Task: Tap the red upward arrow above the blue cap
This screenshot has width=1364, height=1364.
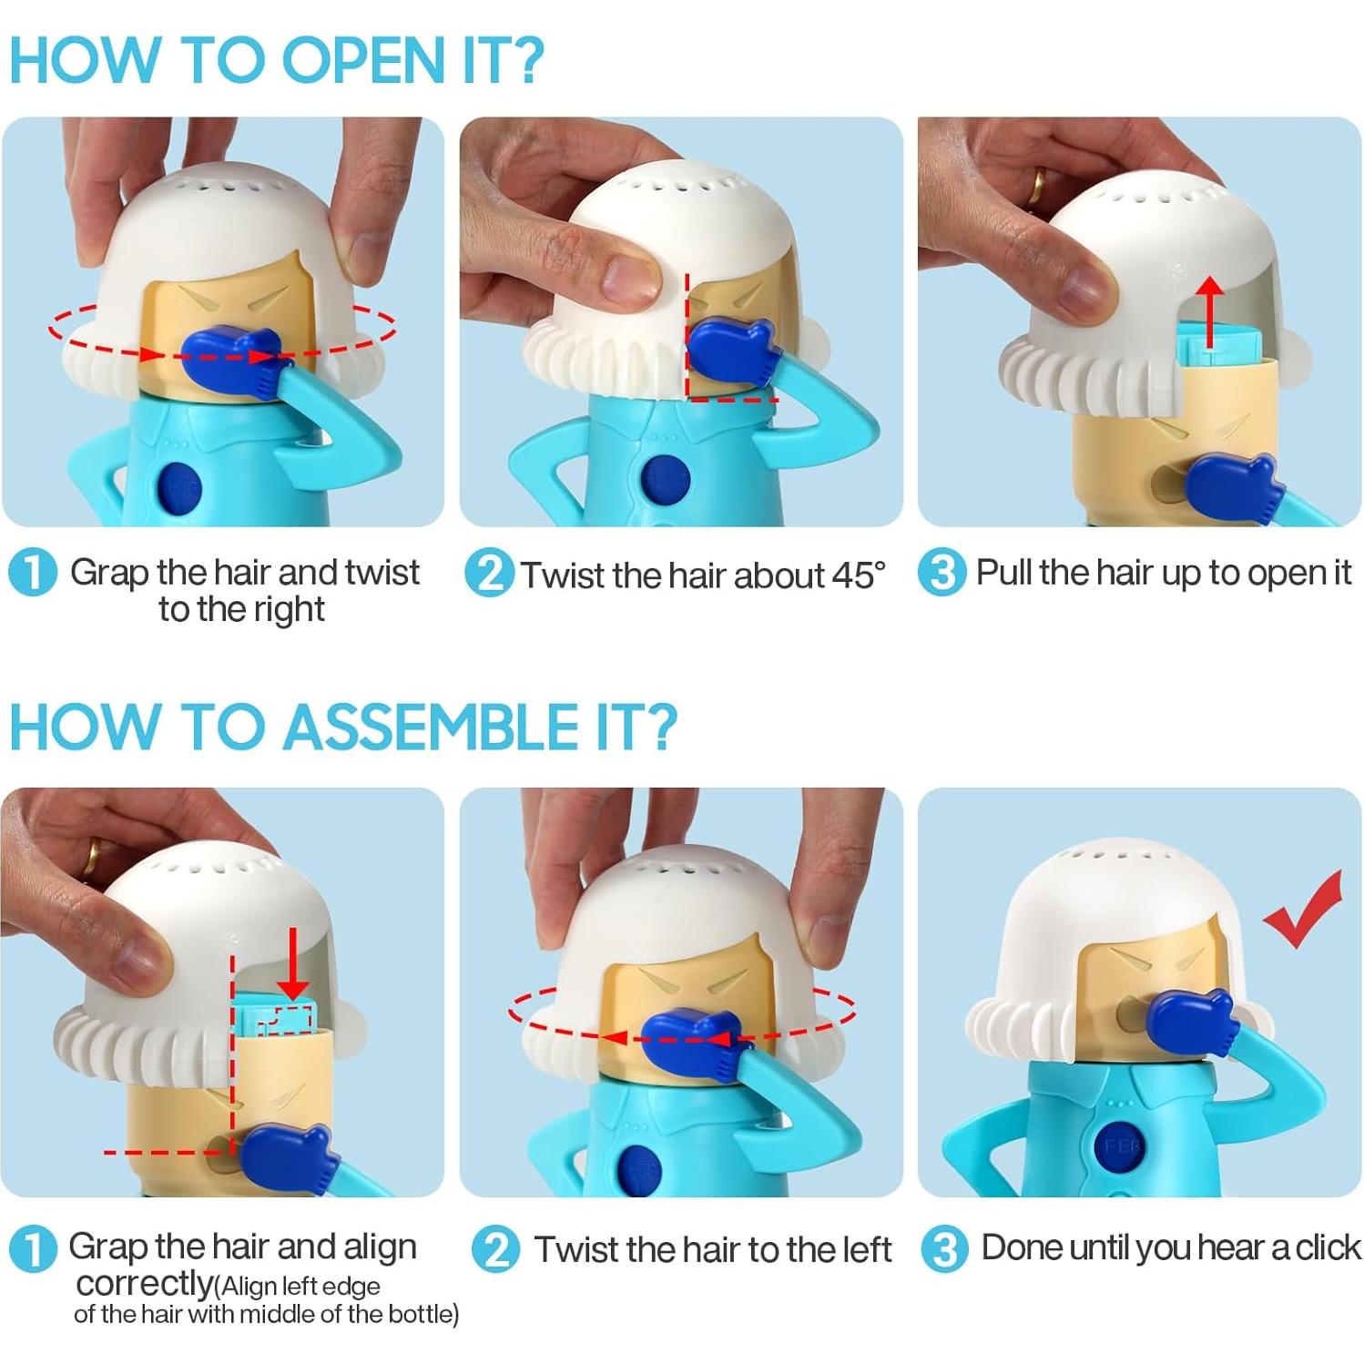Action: click(1209, 312)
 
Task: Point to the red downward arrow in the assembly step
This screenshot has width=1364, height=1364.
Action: click(292, 963)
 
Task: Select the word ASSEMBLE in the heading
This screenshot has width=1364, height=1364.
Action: click(433, 728)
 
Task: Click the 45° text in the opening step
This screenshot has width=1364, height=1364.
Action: click(855, 575)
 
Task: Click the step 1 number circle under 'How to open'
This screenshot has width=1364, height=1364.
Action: click(32, 573)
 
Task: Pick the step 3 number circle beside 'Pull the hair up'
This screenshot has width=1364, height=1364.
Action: click(942, 574)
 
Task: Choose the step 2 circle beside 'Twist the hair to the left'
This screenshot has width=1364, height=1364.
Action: click(495, 1249)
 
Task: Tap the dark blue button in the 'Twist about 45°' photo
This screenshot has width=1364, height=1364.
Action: click(667, 482)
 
